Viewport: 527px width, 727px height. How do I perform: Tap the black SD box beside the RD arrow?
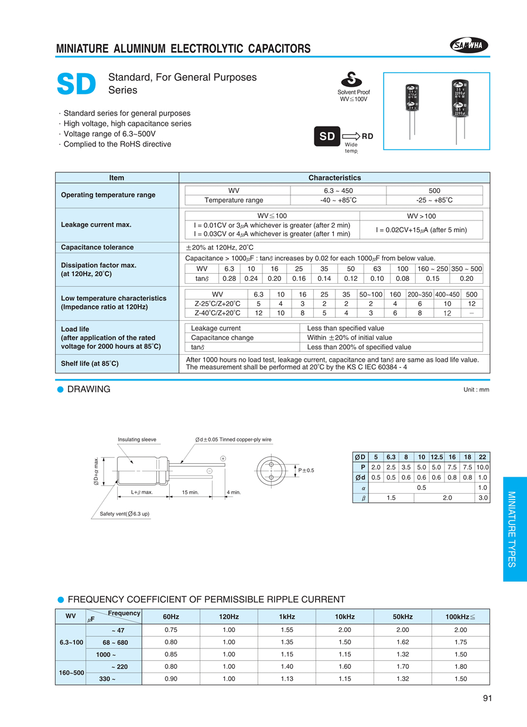[327, 137]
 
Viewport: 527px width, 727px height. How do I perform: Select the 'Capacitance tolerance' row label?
[97, 247]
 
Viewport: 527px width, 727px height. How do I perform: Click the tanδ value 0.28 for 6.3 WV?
[230, 278]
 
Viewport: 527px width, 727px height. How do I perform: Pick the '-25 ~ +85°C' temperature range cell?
[434, 200]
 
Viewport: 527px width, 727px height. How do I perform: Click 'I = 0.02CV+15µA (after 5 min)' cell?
[421, 230]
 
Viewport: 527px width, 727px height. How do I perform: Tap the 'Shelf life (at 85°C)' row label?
[90, 363]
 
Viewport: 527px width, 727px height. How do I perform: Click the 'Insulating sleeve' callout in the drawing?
[137, 439]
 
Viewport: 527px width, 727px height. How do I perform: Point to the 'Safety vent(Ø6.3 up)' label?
[121, 514]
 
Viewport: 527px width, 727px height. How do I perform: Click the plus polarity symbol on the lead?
[223, 458]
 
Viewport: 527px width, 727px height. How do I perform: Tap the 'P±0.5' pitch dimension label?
[306, 470]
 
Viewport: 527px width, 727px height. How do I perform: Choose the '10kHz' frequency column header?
[344, 617]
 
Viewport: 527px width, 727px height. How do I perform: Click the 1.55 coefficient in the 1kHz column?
[286, 630]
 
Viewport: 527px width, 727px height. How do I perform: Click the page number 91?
[488, 698]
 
